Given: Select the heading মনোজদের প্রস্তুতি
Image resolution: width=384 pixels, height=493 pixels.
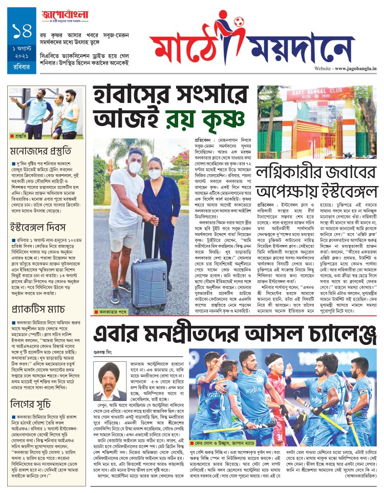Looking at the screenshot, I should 41,151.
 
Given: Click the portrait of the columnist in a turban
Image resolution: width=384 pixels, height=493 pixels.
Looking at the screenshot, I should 110,381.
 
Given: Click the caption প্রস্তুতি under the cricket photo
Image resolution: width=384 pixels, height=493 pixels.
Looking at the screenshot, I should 21,136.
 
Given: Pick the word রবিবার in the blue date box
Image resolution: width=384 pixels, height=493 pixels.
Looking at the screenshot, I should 22,65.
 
